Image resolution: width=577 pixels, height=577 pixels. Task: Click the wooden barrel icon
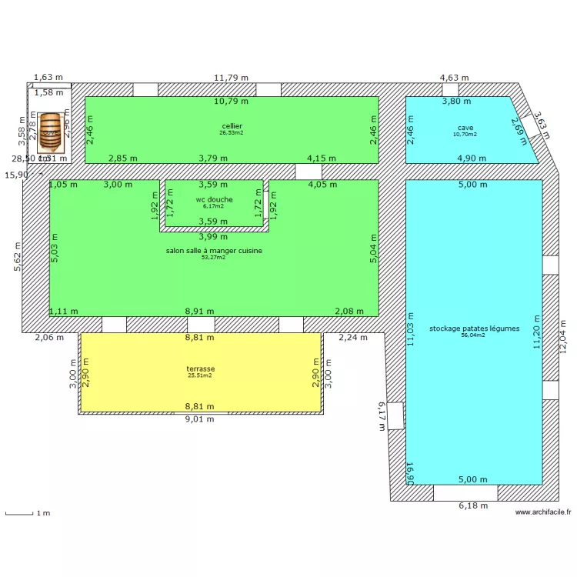click(51, 130)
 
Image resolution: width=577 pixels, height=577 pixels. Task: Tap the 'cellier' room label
click(232, 125)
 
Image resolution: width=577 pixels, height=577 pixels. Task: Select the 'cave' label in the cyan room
click(465, 128)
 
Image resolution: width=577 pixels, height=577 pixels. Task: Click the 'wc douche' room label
click(214, 199)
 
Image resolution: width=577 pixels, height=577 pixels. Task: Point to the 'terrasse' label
click(200, 369)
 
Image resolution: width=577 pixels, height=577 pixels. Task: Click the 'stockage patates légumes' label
click(474, 329)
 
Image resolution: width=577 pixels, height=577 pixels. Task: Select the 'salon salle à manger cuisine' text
click(214, 251)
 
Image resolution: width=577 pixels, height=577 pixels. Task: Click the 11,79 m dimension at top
click(231, 78)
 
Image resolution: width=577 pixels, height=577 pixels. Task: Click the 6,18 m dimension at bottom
click(473, 505)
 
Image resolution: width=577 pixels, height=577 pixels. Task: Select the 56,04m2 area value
click(474, 335)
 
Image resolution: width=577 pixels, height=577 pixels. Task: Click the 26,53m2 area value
click(232, 132)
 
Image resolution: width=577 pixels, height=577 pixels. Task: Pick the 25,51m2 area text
click(200, 375)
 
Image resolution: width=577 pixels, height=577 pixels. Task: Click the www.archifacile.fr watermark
click(543, 512)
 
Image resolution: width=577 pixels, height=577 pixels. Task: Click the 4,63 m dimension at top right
click(454, 78)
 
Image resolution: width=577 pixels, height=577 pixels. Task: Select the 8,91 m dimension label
click(200, 311)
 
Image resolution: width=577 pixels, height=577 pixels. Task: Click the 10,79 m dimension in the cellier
click(231, 101)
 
